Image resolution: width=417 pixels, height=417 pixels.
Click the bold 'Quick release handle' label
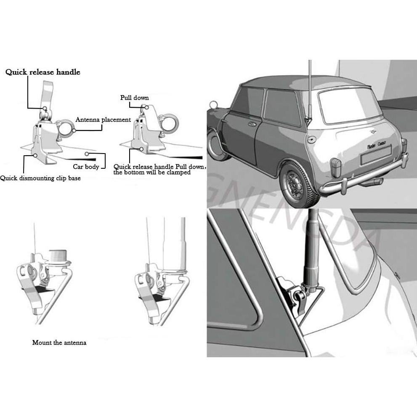tap(42, 72)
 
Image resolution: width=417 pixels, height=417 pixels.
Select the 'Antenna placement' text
tap(103, 120)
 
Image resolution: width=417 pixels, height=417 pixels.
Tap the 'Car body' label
tap(86, 167)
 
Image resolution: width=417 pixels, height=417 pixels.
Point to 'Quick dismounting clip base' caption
tap(40, 178)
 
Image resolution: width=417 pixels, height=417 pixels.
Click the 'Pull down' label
tap(134, 98)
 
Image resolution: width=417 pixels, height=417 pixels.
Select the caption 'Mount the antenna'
tap(59, 343)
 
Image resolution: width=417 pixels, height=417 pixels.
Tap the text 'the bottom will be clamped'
tap(152, 173)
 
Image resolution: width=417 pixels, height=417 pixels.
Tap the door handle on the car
tap(252, 124)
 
